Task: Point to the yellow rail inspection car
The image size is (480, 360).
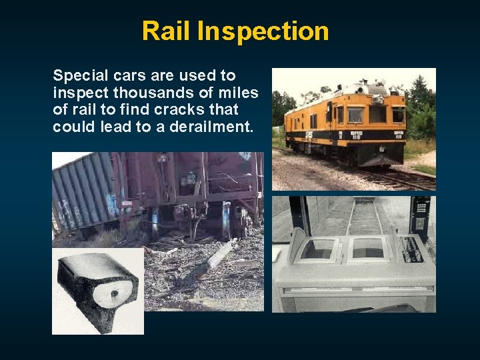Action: [347, 127]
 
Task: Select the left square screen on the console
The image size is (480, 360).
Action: [319, 249]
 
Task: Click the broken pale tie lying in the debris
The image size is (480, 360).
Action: [221, 253]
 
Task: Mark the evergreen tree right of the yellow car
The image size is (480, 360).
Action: [421, 107]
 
